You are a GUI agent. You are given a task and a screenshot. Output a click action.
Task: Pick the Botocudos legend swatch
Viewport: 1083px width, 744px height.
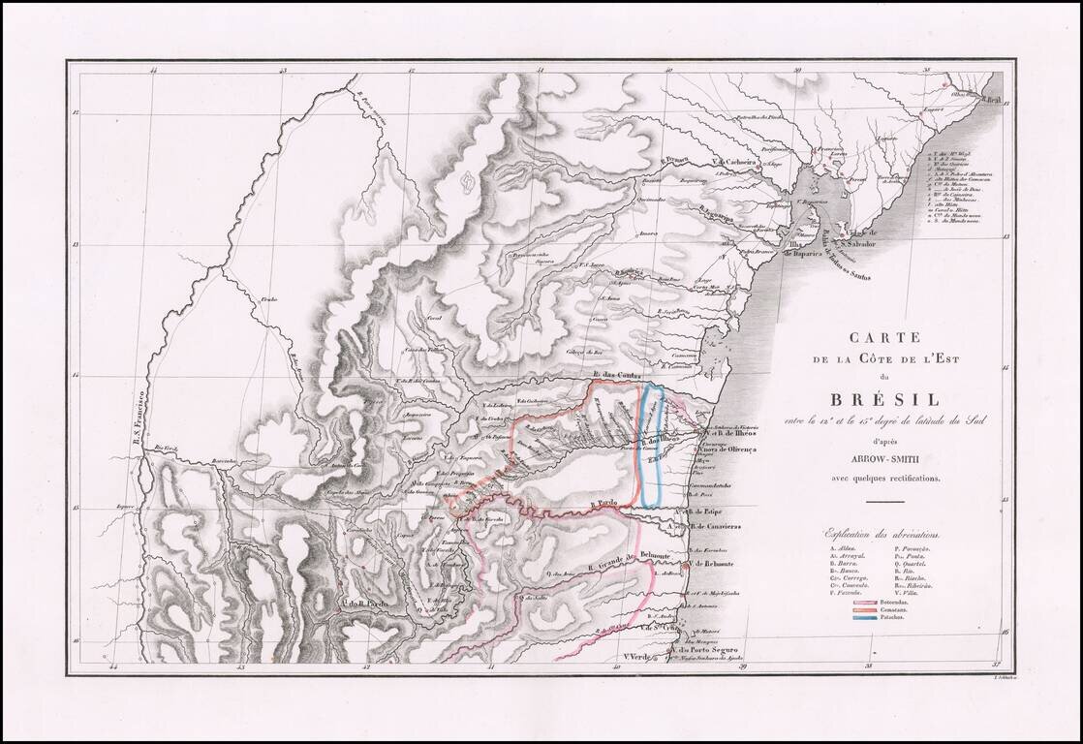866,601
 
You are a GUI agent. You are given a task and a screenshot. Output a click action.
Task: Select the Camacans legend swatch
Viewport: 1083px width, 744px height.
866,608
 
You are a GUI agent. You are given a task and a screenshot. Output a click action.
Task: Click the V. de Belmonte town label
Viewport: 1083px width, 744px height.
711,564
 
